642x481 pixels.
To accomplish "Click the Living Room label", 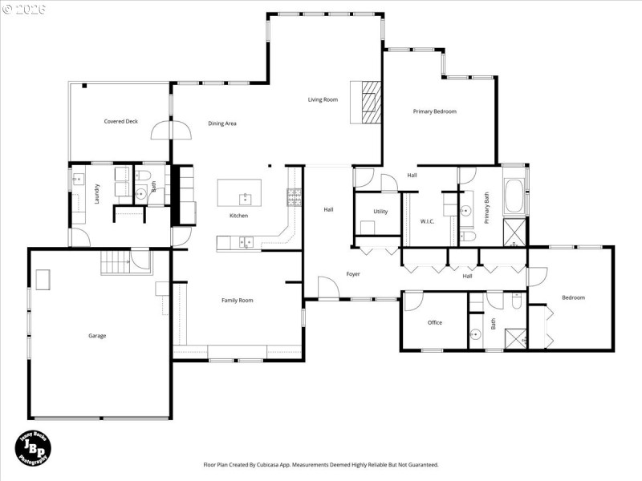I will [x=323, y=99].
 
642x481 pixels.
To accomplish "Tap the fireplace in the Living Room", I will [x=368, y=101].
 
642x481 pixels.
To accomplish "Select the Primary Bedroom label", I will [x=434, y=111].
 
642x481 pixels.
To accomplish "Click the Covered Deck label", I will [x=120, y=121].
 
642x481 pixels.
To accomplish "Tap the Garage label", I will [x=97, y=336].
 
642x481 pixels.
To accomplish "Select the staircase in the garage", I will [x=116, y=262].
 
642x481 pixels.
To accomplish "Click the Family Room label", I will [x=238, y=300].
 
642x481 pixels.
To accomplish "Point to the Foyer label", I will [x=353, y=274].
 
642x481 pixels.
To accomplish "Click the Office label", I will [x=435, y=322].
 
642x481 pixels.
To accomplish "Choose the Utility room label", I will [x=380, y=212].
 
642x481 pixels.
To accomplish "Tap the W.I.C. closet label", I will [x=427, y=222].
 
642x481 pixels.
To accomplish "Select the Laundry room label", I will [x=96, y=195].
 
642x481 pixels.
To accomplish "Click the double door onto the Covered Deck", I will [x=172, y=130].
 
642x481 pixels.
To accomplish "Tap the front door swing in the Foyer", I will [x=327, y=288].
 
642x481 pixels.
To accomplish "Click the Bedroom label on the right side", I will [x=573, y=297].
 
